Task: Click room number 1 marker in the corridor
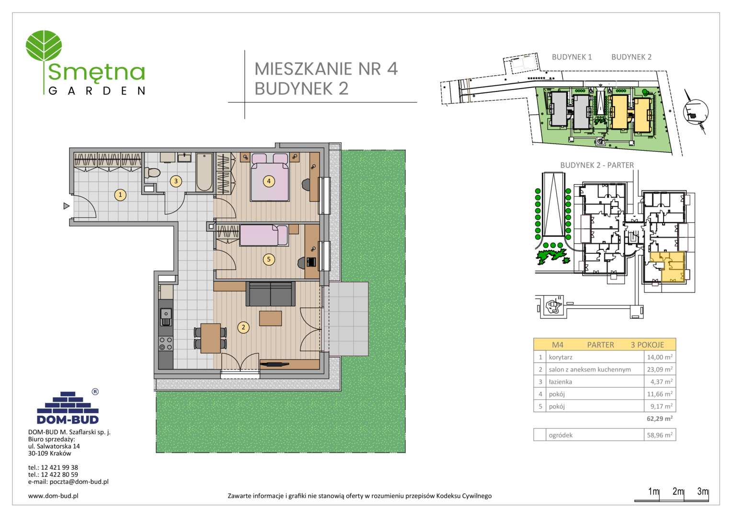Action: (x=120, y=195)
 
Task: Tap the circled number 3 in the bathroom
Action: (x=176, y=181)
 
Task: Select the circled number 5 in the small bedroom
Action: (x=269, y=259)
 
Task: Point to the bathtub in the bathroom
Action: (x=204, y=172)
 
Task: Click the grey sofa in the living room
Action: (x=270, y=294)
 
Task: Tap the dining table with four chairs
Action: (x=210, y=338)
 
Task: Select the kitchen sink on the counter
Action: (x=166, y=317)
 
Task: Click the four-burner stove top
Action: (x=166, y=343)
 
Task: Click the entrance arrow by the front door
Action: (x=66, y=206)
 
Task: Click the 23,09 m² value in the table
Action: (x=660, y=370)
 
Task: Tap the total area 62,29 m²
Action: (x=660, y=419)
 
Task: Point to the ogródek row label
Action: (x=560, y=435)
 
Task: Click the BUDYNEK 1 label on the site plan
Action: (x=572, y=57)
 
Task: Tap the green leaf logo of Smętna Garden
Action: (x=44, y=46)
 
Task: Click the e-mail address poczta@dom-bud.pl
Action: (x=79, y=482)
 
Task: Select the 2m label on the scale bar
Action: (x=678, y=491)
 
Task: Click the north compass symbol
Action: (x=696, y=112)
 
